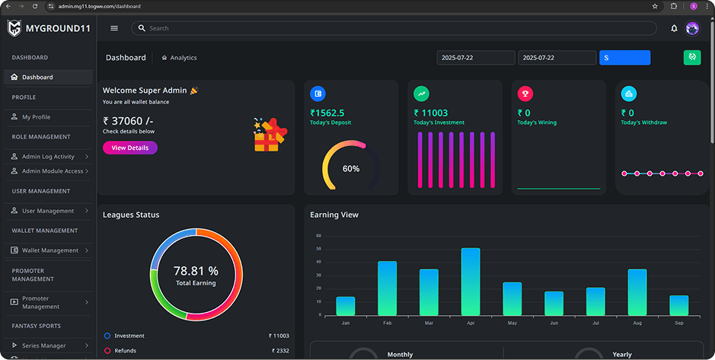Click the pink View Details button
click(x=129, y=148)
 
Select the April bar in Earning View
click(x=471, y=282)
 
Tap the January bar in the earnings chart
click(x=346, y=306)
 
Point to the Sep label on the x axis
click(x=678, y=323)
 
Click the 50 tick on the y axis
click(x=318, y=249)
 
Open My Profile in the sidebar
click(x=36, y=117)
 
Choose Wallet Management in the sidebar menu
click(x=49, y=250)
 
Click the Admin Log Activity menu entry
click(x=48, y=157)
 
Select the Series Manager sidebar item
click(x=43, y=346)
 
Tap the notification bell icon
click(x=674, y=28)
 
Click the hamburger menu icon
click(x=114, y=28)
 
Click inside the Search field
click(x=396, y=28)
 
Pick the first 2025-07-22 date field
click(x=476, y=58)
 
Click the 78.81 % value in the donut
click(x=196, y=271)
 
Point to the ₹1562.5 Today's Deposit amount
click(x=327, y=113)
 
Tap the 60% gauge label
click(x=351, y=168)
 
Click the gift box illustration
click(x=270, y=135)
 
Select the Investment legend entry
click(x=129, y=336)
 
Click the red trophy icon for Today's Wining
click(x=525, y=94)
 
